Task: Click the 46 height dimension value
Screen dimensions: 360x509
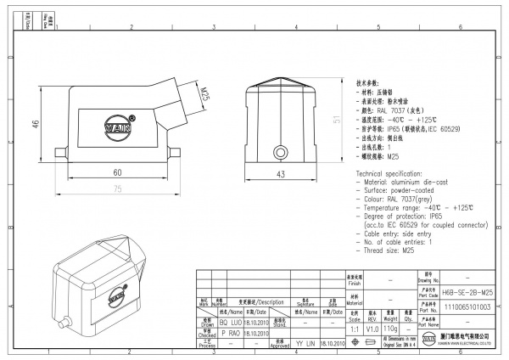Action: [x=36, y=125]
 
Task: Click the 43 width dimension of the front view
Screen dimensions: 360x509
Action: [x=281, y=174]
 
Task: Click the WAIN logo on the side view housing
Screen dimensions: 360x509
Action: [x=119, y=126]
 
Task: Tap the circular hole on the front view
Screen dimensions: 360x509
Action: [x=281, y=152]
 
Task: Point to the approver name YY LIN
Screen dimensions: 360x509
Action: [x=305, y=344]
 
